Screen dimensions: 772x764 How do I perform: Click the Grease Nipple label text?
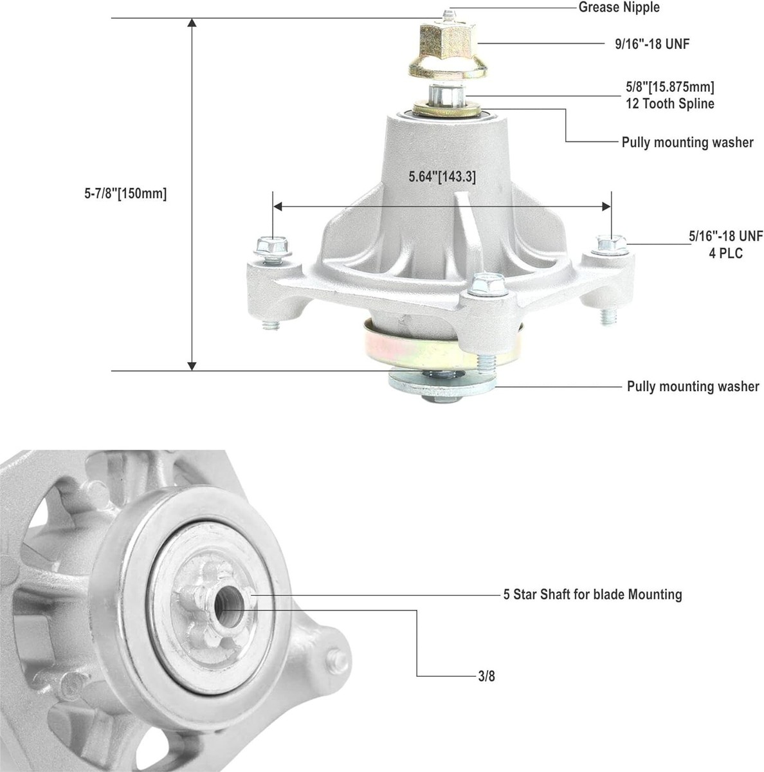[619, 8]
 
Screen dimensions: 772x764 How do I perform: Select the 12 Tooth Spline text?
[669, 104]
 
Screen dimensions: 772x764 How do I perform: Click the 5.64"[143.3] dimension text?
[442, 176]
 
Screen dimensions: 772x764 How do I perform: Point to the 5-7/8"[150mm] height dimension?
[125, 194]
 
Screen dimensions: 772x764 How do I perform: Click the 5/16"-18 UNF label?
[725, 237]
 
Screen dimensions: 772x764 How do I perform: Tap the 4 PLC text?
[725, 253]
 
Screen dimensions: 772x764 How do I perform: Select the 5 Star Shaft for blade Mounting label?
[592, 594]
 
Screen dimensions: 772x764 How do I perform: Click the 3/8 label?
[487, 676]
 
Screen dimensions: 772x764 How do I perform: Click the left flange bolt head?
[266, 245]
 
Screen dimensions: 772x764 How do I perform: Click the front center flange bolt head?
[484, 284]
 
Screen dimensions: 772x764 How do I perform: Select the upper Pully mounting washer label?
[687, 142]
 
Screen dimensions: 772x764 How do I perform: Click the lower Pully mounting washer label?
[693, 387]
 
